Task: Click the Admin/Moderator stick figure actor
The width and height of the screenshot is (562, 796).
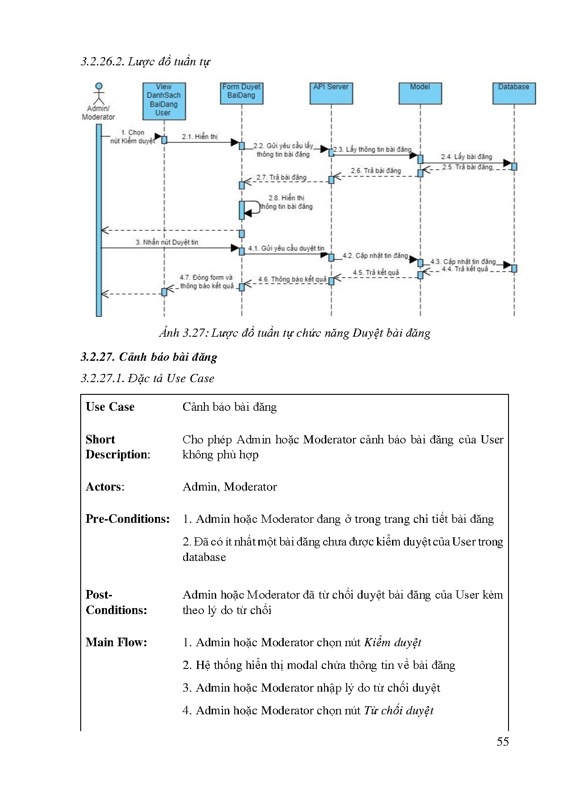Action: pyautogui.click(x=98, y=94)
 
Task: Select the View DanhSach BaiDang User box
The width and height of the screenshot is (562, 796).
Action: pyautogui.click(x=164, y=101)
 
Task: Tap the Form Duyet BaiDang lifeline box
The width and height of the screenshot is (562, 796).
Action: pyautogui.click(x=241, y=93)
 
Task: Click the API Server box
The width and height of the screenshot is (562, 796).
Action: pyautogui.click(x=331, y=93)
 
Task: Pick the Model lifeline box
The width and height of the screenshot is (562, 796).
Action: pyautogui.click(x=420, y=93)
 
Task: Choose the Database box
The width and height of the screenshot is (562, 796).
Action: pyautogui.click(x=514, y=93)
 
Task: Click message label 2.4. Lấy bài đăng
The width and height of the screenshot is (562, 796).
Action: pyautogui.click(x=466, y=157)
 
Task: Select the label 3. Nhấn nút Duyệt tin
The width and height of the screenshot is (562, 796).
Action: pyautogui.click(x=167, y=242)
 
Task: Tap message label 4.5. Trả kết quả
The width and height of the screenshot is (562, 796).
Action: pyautogui.click(x=376, y=273)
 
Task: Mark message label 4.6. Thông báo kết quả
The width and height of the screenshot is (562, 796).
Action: pyautogui.click(x=292, y=280)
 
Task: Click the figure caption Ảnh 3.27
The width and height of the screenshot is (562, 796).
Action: pyautogui.click(x=295, y=333)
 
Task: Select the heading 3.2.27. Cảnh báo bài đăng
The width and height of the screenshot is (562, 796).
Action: pyautogui.click(x=149, y=357)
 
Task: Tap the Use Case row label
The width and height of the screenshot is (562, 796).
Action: pyautogui.click(x=110, y=407)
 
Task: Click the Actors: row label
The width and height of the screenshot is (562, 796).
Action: pyautogui.click(x=105, y=487)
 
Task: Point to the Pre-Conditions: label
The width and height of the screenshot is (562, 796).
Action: pyautogui.click(x=127, y=519)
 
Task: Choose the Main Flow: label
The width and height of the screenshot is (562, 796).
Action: pyautogui.click(x=116, y=642)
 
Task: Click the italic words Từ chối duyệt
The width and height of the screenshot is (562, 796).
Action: pyautogui.click(x=398, y=711)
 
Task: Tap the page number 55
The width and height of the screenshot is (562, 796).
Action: pyautogui.click(x=503, y=742)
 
